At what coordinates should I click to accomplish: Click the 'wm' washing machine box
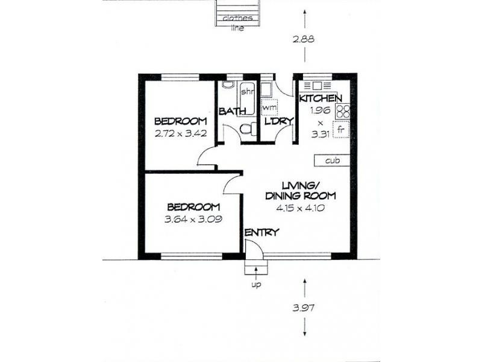click(x=269, y=107)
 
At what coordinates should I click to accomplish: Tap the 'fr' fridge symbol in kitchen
click(x=341, y=129)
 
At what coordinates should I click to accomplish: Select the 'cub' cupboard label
click(x=333, y=160)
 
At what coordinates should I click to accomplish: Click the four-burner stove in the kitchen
click(x=343, y=111)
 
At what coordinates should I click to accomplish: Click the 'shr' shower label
click(x=247, y=92)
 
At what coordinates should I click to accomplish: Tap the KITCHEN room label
click(x=321, y=98)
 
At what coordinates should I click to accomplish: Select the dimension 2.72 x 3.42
click(x=180, y=133)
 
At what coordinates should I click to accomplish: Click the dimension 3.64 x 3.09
click(x=193, y=219)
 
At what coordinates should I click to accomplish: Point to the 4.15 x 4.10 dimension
click(x=300, y=208)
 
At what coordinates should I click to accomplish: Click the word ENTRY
click(x=262, y=232)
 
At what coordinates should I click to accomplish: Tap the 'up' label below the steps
click(x=256, y=285)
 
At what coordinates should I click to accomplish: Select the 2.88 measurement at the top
click(x=303, y=39)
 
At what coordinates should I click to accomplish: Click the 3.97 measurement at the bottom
click(x=304, y=308)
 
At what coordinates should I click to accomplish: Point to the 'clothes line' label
click(x=237, y=23)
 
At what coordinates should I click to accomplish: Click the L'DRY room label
click(x=279, y=121)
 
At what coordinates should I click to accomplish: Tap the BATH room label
click(x=233, y=111)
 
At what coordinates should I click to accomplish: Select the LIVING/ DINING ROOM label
click(x=300, y=191)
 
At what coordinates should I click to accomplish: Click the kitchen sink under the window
click(x=318, y=85)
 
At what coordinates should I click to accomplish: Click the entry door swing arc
click(x=258, y=246)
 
